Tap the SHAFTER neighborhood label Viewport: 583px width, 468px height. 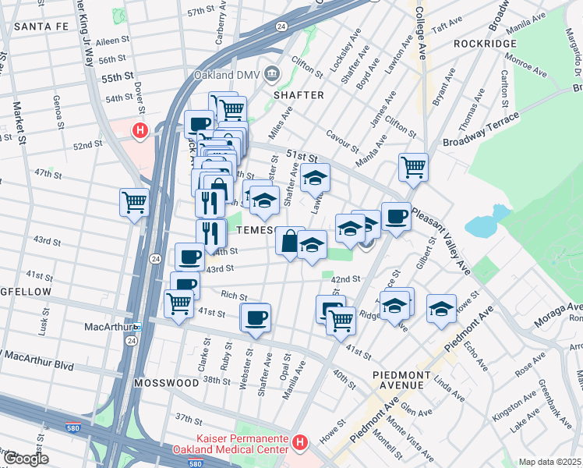click(x=298, y=94)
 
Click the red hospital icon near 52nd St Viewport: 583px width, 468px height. click(x=140, y=131)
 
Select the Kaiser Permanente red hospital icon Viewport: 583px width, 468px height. click(x=301, y=444)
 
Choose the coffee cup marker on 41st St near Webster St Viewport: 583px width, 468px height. click(x=256, y=317)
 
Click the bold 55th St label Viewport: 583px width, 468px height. click(x=118, y=79)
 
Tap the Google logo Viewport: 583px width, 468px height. click(x=26, y=459)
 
